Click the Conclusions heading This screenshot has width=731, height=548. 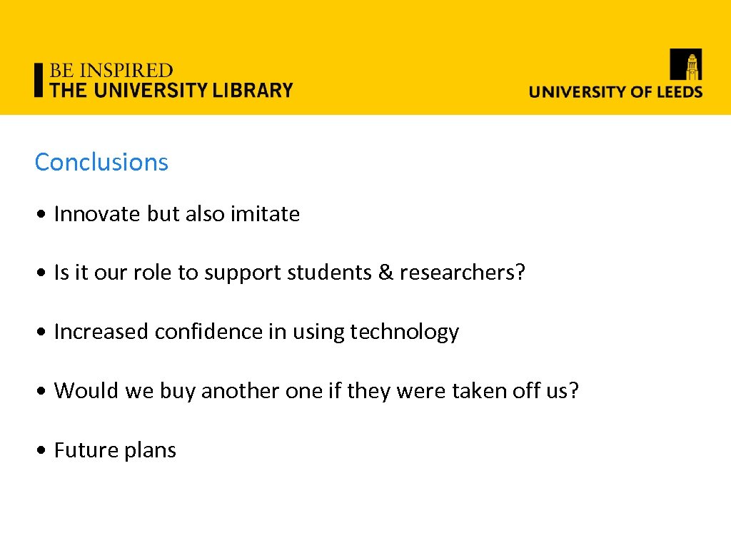click(x=101, y=162)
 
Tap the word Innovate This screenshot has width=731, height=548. click(x=98, y=214)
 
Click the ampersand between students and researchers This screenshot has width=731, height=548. click(x=385, y=273)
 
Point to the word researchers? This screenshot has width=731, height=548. click(x=462, y=273)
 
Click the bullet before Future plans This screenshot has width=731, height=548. click(x=44, y=451)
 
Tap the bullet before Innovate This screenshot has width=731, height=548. click(x=44, y=215)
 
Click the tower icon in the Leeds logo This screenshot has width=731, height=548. click(x=685, y=64)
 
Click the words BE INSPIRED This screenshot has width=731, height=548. click(x=111, y=71)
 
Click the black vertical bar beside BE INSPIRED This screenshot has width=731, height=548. click(x=39, y=80)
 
